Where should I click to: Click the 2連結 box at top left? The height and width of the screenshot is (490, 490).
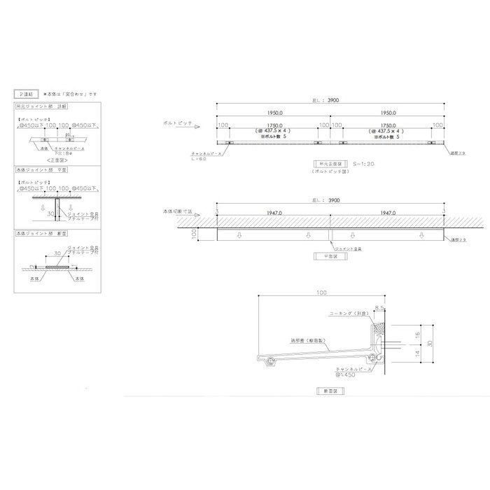click(x=25, y=93)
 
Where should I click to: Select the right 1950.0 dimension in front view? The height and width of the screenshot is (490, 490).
click(x=386, y=112)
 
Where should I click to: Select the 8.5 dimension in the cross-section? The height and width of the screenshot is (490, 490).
click(x=379, y=307)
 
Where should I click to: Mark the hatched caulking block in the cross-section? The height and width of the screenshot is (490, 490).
click(x=381, y=328)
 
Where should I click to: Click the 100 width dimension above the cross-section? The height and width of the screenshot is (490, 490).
click(x=321, y=290)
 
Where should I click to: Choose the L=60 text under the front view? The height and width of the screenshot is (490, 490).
click(x=199, y=159)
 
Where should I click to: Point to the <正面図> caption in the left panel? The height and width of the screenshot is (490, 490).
click(x=56, y=160)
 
